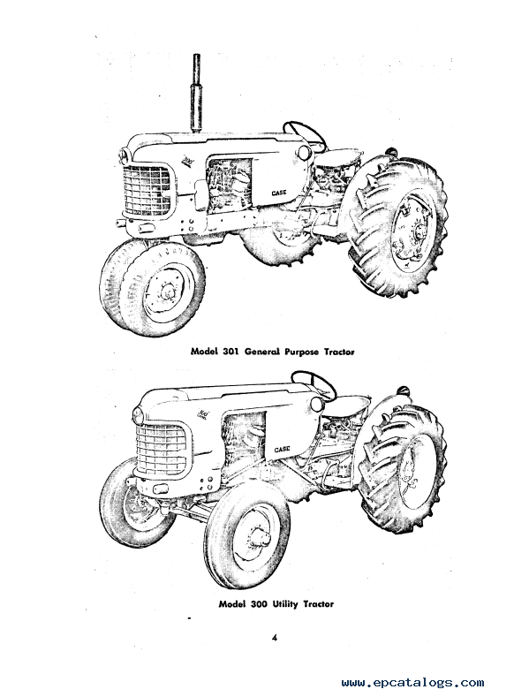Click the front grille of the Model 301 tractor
(147, 190)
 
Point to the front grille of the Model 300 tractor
(161, 448)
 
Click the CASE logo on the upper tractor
(279, 193)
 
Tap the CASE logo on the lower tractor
(282, 450)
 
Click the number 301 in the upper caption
(231, 352)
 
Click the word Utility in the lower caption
(285, 603)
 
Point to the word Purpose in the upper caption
(299, 352)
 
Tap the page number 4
(275, 638)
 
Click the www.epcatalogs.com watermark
(412, 682)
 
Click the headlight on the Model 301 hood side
(304, 153)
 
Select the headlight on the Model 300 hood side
(317, 404)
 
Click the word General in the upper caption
(261, 352)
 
